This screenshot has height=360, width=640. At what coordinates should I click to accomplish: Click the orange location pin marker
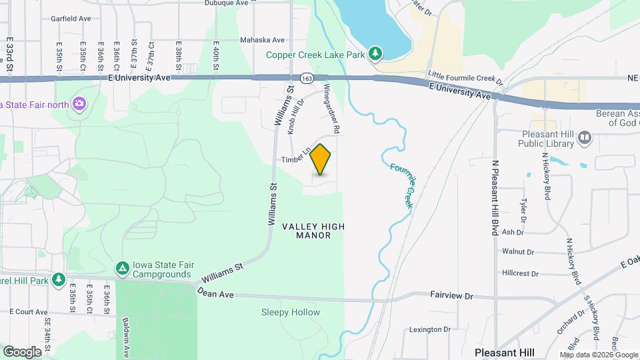[321, 159]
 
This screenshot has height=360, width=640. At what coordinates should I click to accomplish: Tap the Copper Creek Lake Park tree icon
[375, 54]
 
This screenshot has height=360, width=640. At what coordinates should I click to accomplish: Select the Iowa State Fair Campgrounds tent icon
[122, 268]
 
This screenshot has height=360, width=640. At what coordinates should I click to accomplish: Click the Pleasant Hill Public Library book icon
[585, 137]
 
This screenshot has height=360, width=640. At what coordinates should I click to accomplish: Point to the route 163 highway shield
[307, 78]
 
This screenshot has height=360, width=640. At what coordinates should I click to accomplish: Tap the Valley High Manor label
[313, 231]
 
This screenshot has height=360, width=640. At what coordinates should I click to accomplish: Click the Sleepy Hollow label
[290, 312]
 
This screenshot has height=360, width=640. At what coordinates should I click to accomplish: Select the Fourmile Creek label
[402, 186]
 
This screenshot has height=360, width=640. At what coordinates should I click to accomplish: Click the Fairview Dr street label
[451, 294]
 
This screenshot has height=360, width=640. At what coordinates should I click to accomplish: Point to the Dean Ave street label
[215, 293]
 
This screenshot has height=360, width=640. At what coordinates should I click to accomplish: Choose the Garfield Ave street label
[71, 19]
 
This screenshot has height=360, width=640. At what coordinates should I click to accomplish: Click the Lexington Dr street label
[430, 329]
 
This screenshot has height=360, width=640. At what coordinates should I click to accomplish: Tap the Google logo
[22, 351]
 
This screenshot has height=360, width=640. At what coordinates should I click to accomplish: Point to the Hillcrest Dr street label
[520, 273]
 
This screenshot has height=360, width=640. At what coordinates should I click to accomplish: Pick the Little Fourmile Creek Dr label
[465, 77]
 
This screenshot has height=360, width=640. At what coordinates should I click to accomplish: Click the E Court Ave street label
[29, 312]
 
